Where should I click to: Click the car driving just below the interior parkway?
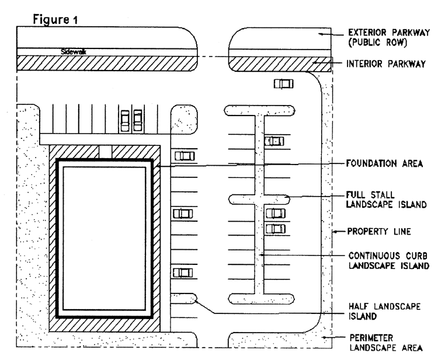[284, 84]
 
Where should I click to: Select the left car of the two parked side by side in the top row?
[124, 120]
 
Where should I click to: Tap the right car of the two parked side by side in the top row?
[137, 120]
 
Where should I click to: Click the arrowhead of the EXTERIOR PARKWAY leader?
[318, 34]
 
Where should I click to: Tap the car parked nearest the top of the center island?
[274, 141]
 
